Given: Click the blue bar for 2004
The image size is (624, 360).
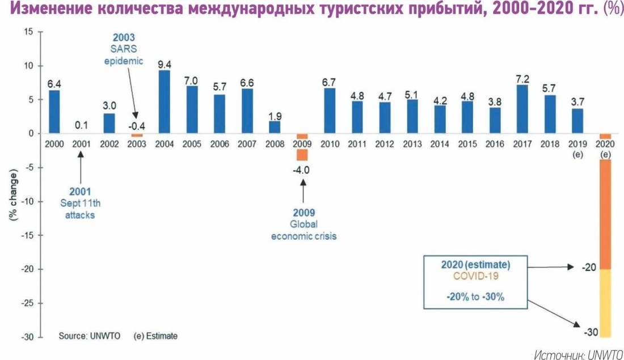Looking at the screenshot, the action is pyautogui.click(x=165, y=102).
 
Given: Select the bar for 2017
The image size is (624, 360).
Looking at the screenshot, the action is pyautogui.click(x=522, y=109).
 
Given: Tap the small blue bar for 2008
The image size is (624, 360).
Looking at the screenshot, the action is pyautogui.click(x=275, y=128).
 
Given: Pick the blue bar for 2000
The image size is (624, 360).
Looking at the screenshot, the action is pyautogui.click(x=54, y=112).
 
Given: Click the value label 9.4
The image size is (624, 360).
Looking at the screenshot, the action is pyautogui.click(x=165, y=64).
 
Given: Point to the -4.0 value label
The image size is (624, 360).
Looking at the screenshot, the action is pyautogui.click(x=301, y=170).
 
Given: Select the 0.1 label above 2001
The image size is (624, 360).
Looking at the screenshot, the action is pyautogui.click(x=81, y=125).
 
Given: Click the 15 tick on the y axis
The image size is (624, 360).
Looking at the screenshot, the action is pyautogui.click(x=29, y=31).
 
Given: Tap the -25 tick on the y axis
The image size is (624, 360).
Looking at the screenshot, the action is pyautogui.click(x=27, y=303).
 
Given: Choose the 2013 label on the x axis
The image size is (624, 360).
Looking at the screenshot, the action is pyautogui.click(x=412, y=144).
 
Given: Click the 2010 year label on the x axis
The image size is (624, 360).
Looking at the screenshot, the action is pyautogui.click(x=330, y=144).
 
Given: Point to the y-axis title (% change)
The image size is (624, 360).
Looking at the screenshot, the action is pyautogui.click(x=13, y=196).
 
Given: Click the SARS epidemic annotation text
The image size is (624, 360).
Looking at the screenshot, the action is pyautogui.click(x=124, y=55).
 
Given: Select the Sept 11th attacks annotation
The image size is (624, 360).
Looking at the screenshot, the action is pyautogui.click(x=80, y=209).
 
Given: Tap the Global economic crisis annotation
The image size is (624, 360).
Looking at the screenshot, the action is pyautogui.click(x=303, y=230).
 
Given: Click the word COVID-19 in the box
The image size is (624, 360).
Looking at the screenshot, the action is pyautogui.click(x=475, y=276).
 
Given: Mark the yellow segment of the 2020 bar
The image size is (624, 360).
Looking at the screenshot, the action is pyautogui.click(x=605, y=303).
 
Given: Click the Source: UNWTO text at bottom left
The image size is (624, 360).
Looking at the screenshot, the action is pyautogui.click(x=90, y=336).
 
